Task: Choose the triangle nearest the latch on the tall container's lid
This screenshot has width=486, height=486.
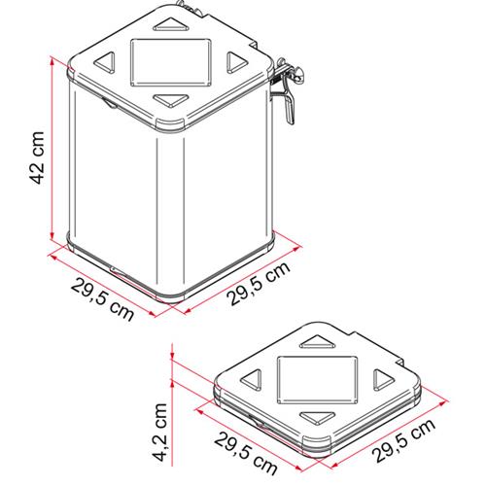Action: tap(233, 62)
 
